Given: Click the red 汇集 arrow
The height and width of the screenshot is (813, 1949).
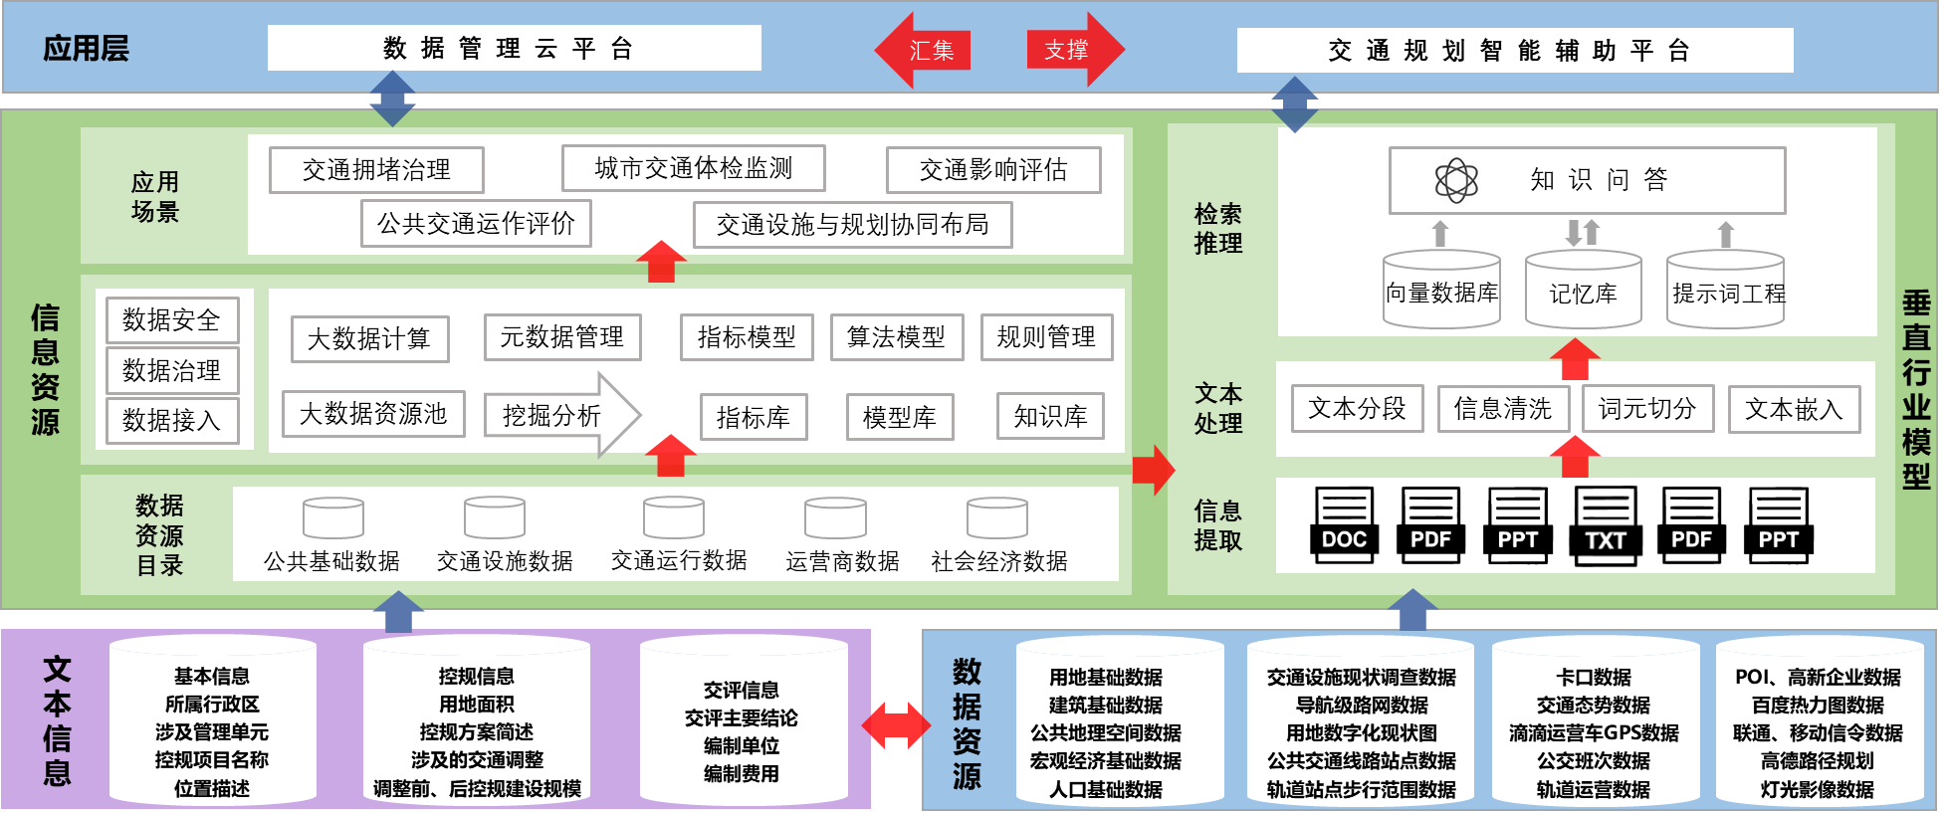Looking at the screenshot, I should point(922,50).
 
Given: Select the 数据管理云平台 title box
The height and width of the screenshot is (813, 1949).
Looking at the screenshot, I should point(514,48).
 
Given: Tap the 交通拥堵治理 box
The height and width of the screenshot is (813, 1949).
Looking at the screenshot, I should point(376,170).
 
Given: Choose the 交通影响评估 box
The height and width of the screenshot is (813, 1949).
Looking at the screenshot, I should point(993,170).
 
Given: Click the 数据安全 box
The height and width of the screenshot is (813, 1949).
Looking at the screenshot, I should point(172,320).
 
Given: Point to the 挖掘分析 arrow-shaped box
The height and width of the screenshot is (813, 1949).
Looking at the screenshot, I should point(561,415).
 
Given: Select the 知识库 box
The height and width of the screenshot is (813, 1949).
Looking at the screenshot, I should point(1050,417).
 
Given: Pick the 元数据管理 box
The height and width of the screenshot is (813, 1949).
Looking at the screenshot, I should point(561,337).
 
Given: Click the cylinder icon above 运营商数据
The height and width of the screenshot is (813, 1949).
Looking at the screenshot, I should point(835,518).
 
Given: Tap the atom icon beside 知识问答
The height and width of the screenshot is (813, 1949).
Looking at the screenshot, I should point(1456,180).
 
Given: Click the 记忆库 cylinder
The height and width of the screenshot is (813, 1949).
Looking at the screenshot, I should point(1583,290).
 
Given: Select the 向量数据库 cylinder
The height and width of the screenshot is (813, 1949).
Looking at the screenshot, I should point(1441,290).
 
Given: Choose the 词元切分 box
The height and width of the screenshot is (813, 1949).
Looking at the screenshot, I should point(1647,409).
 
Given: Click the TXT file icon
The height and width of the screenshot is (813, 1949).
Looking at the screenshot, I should point(1605,525).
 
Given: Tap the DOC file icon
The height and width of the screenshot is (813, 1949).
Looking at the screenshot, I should point(1344,524).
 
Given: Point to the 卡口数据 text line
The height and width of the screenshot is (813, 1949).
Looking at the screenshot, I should point(1593,678).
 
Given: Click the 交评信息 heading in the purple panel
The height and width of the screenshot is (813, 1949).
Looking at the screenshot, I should point(741,690).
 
